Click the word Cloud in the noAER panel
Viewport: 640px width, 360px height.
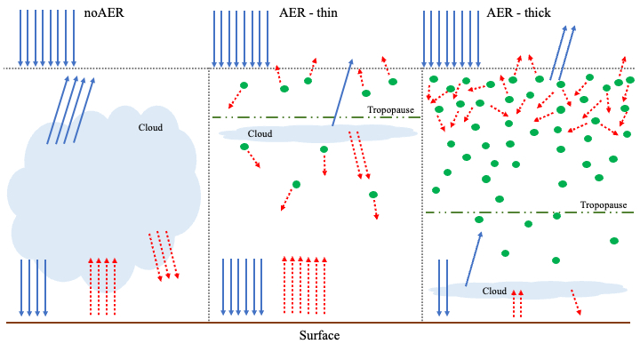point(150,127)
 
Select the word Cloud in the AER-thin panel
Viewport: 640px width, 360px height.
point(260,134)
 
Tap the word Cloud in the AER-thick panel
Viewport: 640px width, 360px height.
point(494,292)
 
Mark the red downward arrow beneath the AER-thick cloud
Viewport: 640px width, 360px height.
point(575,301)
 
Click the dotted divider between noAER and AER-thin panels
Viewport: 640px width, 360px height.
point(209,196)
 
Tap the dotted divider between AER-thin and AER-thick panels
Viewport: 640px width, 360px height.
point(422,196)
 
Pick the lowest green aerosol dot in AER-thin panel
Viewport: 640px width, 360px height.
point(373,195)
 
